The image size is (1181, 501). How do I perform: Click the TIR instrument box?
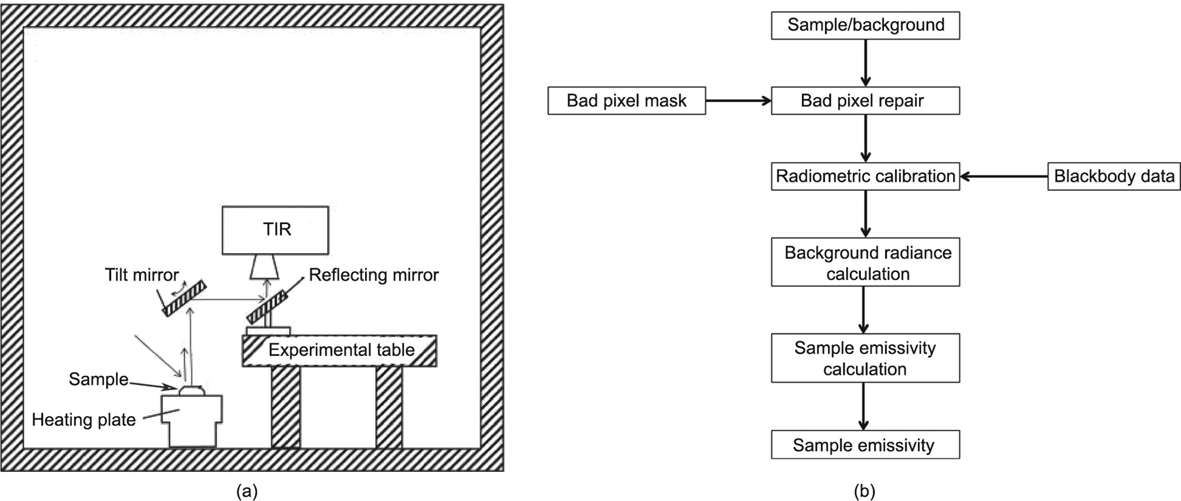pos(275,230)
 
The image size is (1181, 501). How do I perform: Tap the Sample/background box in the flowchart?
pos(865,26)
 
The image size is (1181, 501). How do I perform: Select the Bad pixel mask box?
pos(626,101)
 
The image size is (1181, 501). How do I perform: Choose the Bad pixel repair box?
pos(865,101)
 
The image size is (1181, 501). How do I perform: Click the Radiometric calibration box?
pos(865,176)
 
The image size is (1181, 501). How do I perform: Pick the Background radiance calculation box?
pos(865,262)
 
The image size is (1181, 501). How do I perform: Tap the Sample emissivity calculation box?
pos(865,358)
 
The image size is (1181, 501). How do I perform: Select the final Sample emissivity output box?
pos(865,445)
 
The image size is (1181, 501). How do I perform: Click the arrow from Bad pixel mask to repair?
pos(738,101)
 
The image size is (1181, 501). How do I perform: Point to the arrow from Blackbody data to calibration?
pos(1004,176)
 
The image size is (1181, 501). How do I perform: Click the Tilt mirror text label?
pos(142,275)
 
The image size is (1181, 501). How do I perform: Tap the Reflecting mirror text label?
pos(373,275)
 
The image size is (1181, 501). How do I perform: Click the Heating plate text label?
pos(84,420)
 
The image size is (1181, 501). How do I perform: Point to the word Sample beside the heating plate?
pos(98,379)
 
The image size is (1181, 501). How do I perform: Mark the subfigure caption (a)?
pos(247,491)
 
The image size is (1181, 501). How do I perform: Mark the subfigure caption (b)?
pos(864,491)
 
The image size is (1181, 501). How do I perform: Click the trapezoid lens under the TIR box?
pos(265,267)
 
